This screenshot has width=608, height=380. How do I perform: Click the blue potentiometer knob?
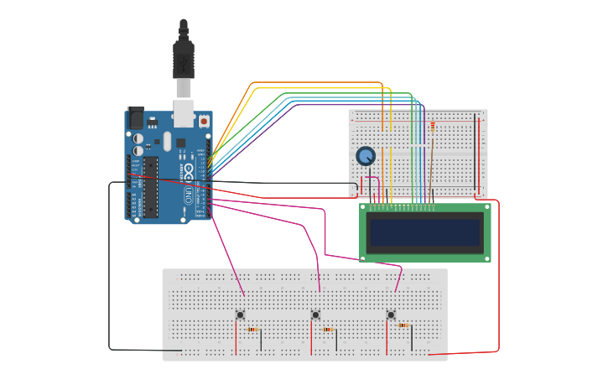click(366, 156)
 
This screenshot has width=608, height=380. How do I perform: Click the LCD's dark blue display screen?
click(425, 232)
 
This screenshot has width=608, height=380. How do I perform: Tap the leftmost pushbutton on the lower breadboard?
click(241, 315)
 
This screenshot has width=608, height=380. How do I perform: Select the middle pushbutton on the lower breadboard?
click(315, 315)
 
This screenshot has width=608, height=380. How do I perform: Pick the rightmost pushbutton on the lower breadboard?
click(391, 315)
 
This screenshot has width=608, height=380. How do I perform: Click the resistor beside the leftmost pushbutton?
click(252, 330)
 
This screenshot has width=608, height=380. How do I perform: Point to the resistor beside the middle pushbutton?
click(328, 330)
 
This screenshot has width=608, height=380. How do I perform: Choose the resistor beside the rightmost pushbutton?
click(403, 325)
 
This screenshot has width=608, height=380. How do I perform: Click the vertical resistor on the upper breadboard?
click(432, 127)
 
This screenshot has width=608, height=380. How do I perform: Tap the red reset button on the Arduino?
click(204, 121)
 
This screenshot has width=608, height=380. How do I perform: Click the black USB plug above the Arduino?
click(184, 59)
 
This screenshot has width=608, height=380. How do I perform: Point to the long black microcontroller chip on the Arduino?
click(150, 186)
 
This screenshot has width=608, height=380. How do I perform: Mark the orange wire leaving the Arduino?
click(319, 83)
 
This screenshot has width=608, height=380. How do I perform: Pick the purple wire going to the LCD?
click(352, 105)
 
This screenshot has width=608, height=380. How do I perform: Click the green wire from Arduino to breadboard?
click(335, 93)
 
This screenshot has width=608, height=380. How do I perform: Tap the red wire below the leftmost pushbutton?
click(236, 340)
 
